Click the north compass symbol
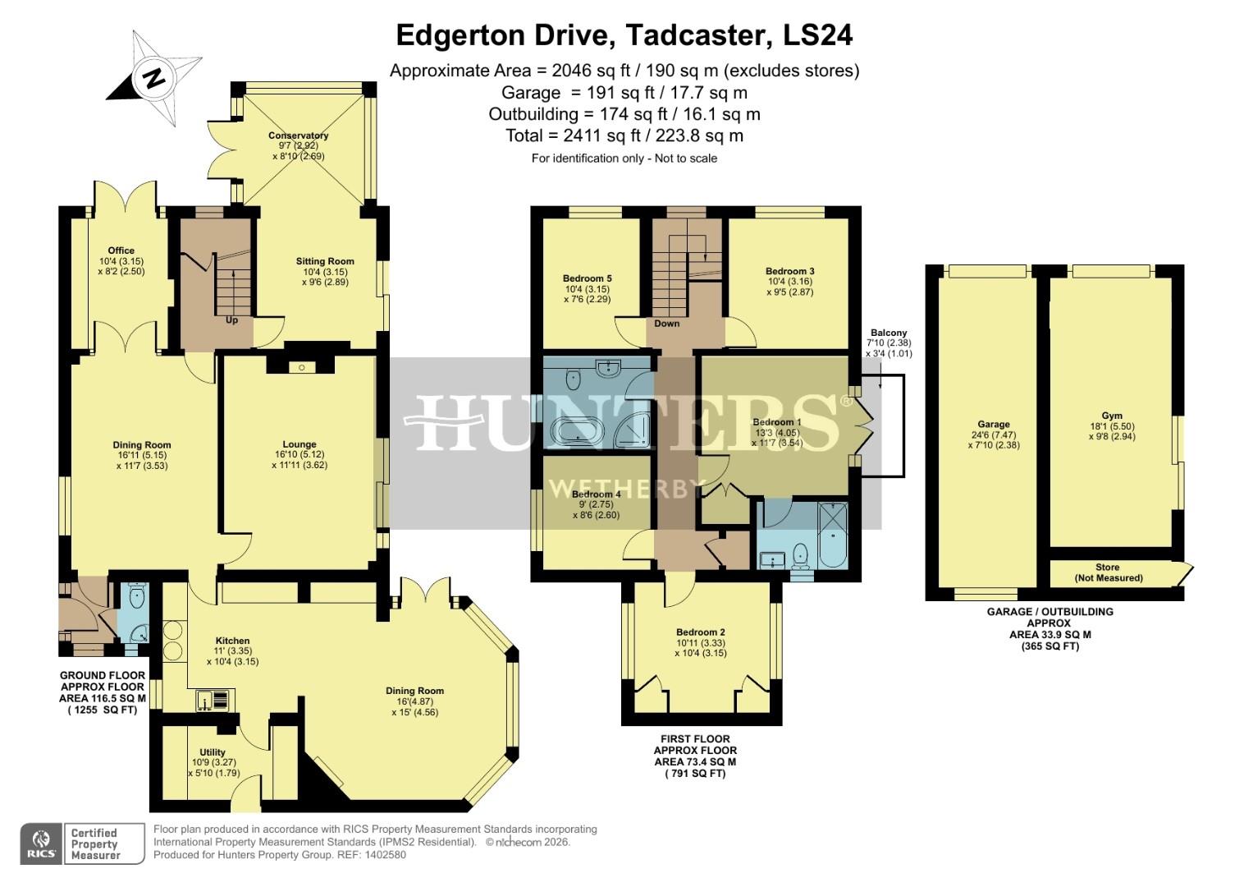click(x=154, y=78)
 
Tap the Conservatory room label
click(x=298, y=136)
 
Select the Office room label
click(x=121, y=250)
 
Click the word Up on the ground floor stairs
click(x=232, y=320)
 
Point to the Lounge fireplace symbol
click(x=300, y=367)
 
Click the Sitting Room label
click(x=325, y=261)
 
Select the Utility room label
click(x=213, y=751)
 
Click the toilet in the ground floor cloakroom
click(x=137, y=596)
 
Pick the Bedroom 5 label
click(x=587, y=278)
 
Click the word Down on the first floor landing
click(x=667, y=324)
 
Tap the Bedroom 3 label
click(x=789, y=271)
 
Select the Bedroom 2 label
click(x=700, y=632)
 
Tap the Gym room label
click(x=1112, y=416)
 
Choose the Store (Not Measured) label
click(x=1107, y=572)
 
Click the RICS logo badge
click(x=41, y=844)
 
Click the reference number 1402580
click(x=384, y=855)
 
